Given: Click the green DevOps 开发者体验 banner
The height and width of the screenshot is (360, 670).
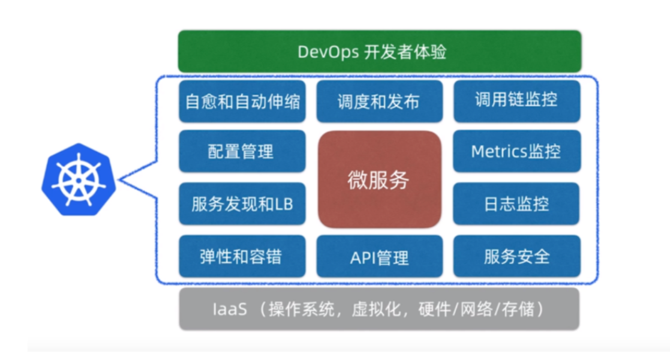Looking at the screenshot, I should tap(379, 52).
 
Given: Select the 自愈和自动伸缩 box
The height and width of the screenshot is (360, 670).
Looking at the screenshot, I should tap(242, 101).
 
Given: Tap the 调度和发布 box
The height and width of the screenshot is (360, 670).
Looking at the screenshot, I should tap(379, 101).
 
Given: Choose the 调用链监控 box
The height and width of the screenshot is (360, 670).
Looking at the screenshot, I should tap(516, 100).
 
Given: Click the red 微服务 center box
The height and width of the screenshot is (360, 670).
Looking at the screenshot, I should tap(379, 179).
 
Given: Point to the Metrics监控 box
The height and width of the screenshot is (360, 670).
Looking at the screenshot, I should tap(516, 151).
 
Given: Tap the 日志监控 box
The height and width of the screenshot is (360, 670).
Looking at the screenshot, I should tap(516, 204).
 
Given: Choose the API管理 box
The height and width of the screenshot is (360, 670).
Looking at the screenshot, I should tap(379, 257).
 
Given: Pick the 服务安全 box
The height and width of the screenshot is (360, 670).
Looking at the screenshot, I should tap(516, 256).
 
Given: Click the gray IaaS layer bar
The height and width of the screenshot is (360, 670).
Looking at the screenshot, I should tap(379, 309).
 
